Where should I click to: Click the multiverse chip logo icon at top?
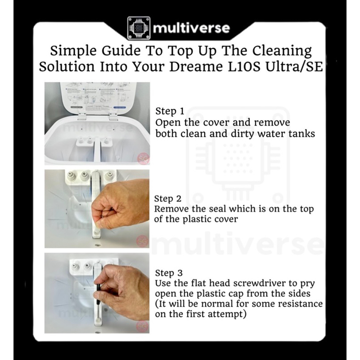[x=139, y=28]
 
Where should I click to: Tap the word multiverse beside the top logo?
[x=191, y=28]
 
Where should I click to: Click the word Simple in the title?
[x=73, y=51]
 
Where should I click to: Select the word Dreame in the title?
[x=196, y=67]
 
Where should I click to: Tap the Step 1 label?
[x=170, y=111]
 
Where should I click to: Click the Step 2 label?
[x=168, y=199]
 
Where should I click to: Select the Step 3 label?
[x=169, y=273]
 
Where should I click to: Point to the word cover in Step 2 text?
[x=226, y=219]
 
